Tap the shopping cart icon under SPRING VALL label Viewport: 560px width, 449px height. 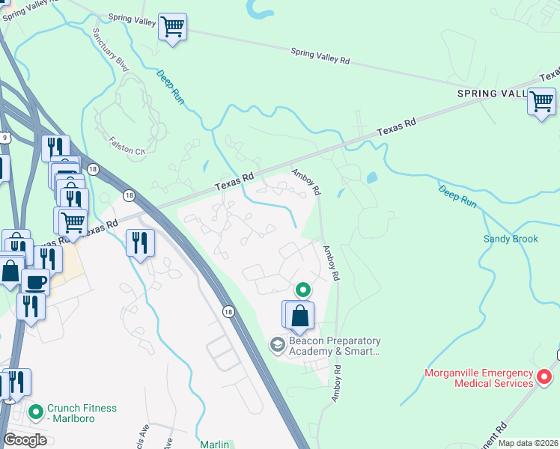click(x=541, y=101)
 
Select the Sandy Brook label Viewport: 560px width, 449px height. click(x=511, y=240)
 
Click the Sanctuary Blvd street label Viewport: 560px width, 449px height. click(x=111, y=50)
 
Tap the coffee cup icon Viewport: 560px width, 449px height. click(x=35, y=282)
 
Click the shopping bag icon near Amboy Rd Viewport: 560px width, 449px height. click(x=299, y=316)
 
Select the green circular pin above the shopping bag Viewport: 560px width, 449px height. click(x=302, y=289)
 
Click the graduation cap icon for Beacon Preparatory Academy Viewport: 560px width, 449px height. click(x=277, y=344)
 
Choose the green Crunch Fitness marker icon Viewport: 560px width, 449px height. click(x=35, y=412)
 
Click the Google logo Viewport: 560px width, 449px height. click(x=25, y=439)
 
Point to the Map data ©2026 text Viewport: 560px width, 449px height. click(x=528, y=443)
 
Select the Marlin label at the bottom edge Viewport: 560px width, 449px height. click(x=215, y=444)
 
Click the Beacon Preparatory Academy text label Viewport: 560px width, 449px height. click(x=335, y=346)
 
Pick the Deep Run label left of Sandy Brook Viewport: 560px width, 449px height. click(x=457, y=195)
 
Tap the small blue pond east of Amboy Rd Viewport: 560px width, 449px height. click(x=372, y=178)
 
